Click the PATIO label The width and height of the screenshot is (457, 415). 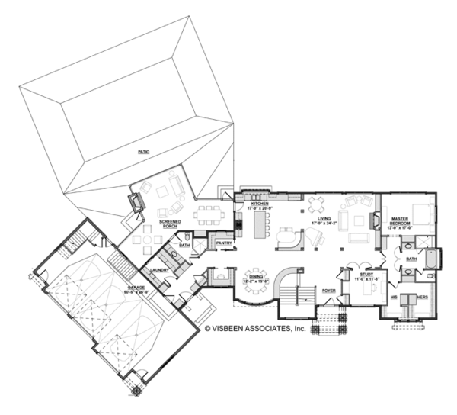pyautogui.click(x=143, y=153)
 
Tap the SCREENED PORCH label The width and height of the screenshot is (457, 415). pyautogui.click(x=170, y=224)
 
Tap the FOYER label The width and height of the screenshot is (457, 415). pyautogui.click(x=328, y=291)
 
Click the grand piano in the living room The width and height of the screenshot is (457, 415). pyautogui.click(x=288, y=237)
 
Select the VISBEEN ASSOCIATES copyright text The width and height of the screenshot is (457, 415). pyautogui.click(x=254, y=329)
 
